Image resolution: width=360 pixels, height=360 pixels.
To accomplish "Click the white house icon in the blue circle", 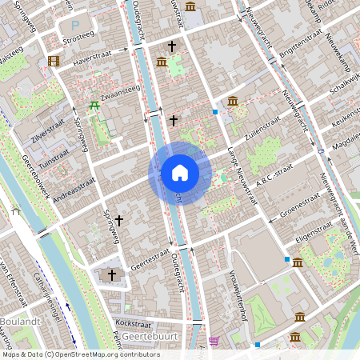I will coord(180,172).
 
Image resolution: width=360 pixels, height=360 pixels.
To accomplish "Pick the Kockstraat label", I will coord(133,322).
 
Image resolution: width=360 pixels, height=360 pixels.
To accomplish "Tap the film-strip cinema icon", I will coord(54,61).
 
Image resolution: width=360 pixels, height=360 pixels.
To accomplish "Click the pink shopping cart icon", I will coord(214,341).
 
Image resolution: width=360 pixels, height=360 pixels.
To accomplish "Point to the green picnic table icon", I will coord(94,105).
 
